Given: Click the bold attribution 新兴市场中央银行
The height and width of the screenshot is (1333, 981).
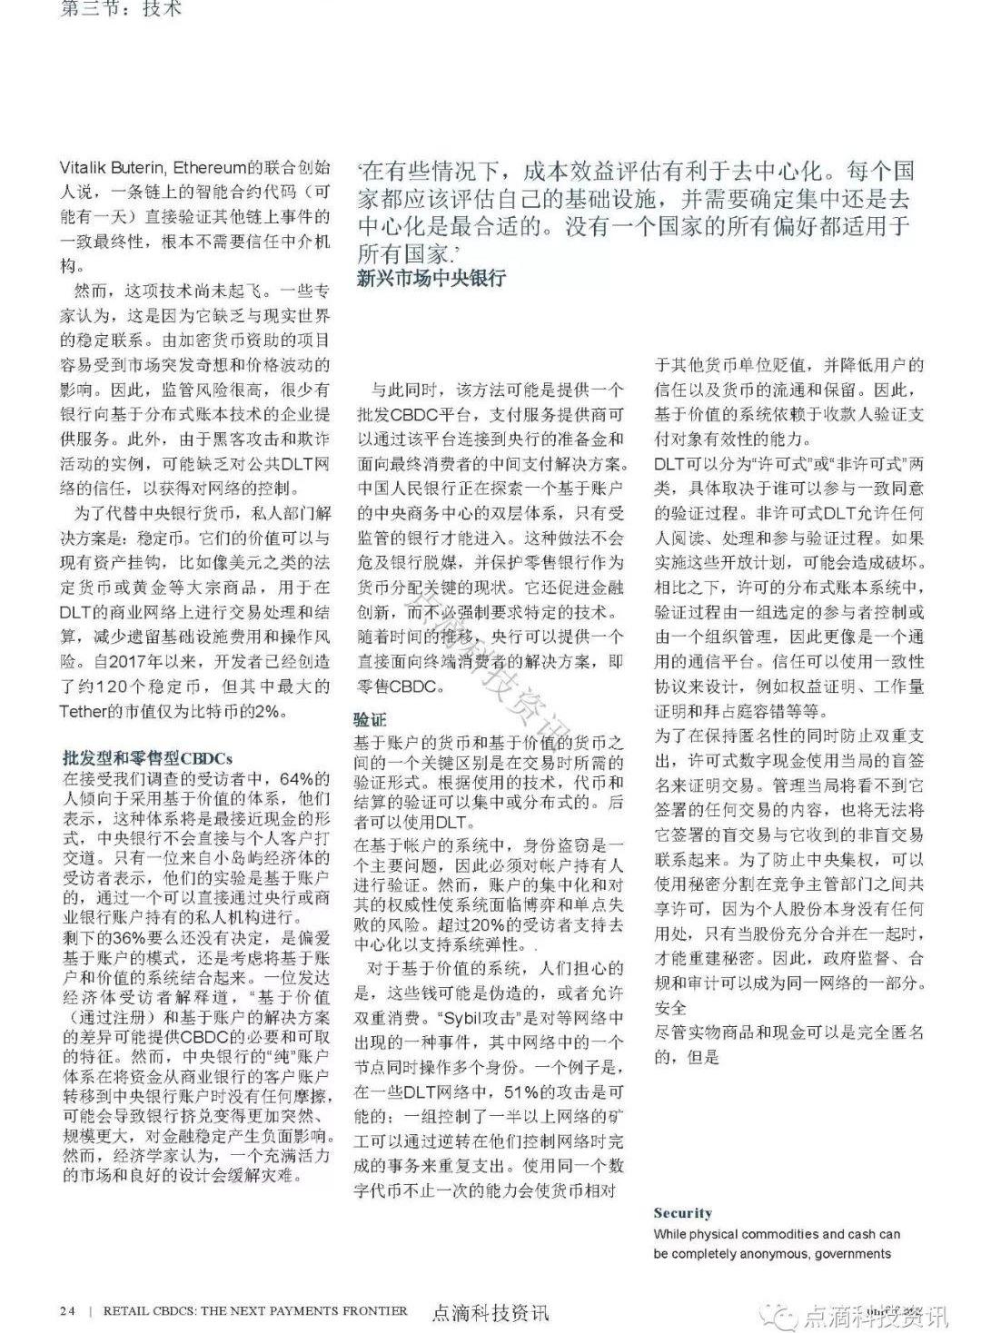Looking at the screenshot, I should click(431, 278).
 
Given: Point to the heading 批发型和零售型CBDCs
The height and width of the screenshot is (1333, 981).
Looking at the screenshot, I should click(147, 757).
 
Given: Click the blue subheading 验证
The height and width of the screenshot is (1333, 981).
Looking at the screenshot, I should click(370, 719).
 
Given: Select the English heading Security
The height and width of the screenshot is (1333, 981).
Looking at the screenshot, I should click(682, 1213).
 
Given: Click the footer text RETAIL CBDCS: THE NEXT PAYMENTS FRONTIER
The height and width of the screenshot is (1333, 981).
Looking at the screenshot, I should click(255, 1310).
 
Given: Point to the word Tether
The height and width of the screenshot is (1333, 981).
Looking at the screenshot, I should click(84, 711).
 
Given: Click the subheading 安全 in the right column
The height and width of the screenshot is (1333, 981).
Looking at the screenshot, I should click(670, 1008).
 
